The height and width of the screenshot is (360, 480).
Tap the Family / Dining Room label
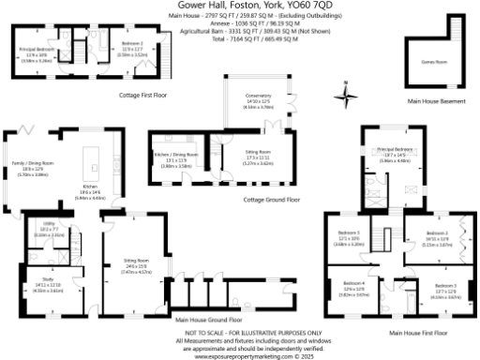click(x=32, y=164)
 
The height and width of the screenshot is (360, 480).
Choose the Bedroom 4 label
click(x=353, y=282)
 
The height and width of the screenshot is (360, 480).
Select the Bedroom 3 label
click(x=350, y=232)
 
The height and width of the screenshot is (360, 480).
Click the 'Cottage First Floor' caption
click(x=142, y=95)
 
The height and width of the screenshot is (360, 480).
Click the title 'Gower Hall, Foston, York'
click(x=240, y=5)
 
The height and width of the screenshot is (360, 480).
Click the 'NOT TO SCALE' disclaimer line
click(x=240, y=333)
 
